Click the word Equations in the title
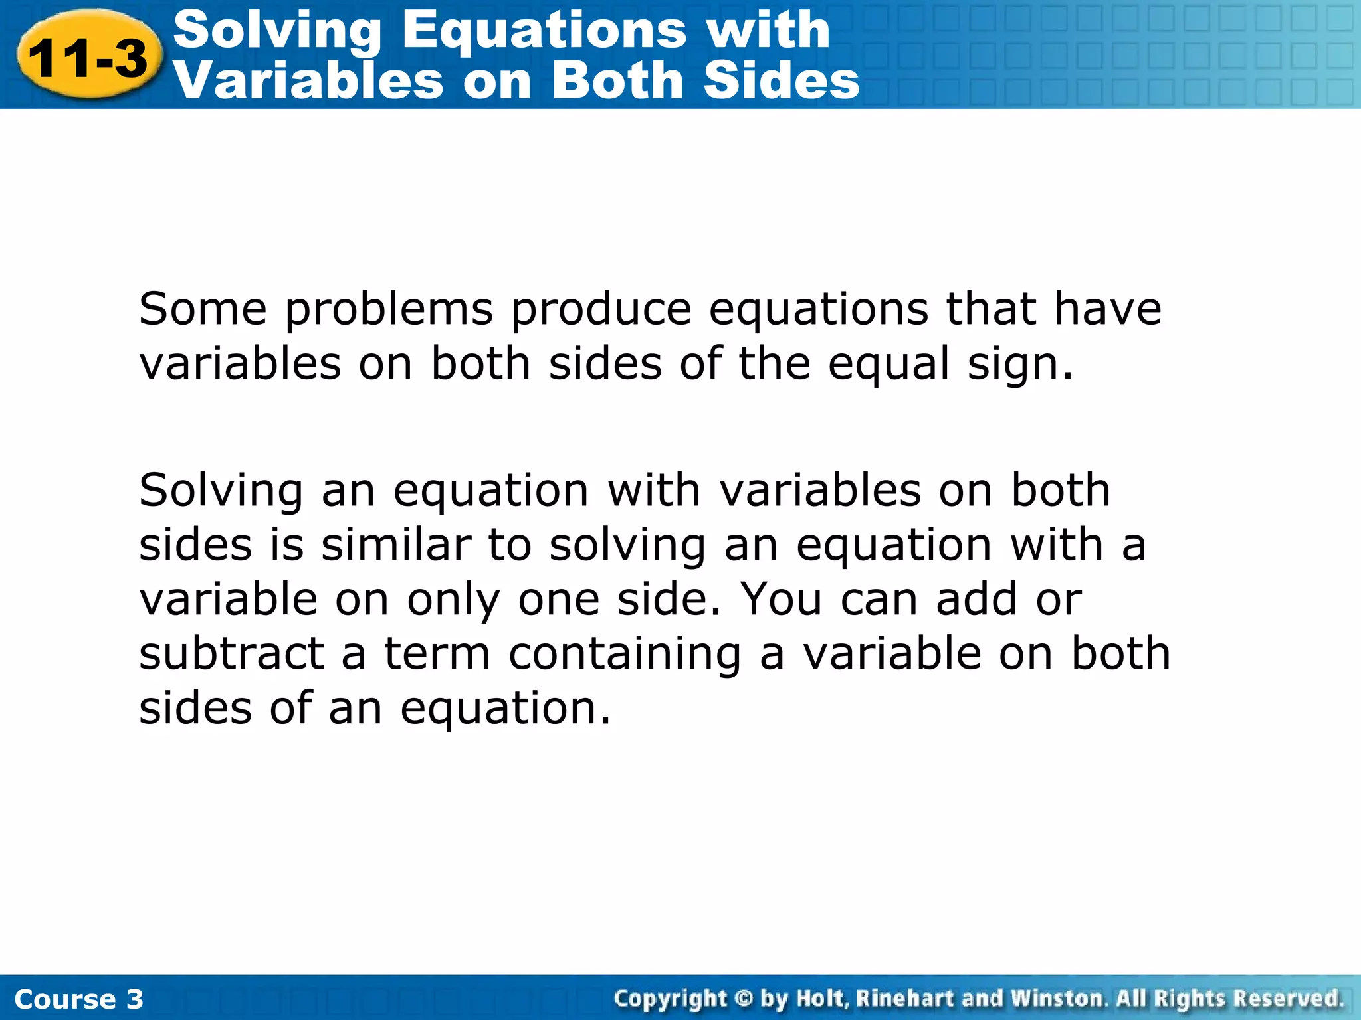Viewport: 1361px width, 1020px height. point(544,31)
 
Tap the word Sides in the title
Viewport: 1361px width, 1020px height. point(782,81)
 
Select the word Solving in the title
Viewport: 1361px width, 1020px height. point(277,31)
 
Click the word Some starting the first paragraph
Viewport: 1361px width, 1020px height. point(203,309)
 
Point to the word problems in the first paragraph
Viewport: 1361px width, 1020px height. point(389,311)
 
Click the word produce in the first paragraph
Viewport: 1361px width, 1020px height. point(601,311)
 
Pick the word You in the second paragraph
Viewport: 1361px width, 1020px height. point(782,599)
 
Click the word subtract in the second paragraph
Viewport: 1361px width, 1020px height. point(232,653)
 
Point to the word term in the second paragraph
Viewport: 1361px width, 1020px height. point(437,653)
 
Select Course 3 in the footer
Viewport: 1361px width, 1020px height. point(78,999)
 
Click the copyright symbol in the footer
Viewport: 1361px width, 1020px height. point(744,999)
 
